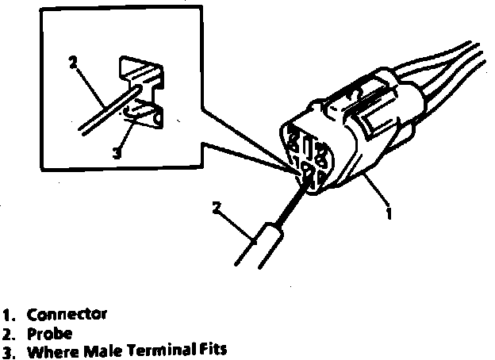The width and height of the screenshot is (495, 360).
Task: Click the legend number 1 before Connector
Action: pos(8,313)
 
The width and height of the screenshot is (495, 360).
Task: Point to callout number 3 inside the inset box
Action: pos(117,153)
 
